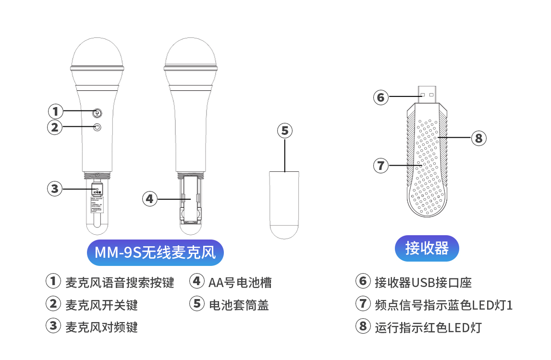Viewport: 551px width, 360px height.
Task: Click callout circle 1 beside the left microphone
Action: pyautogui.click(x=56, y=111)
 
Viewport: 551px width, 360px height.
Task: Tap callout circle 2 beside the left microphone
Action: pyautogui.click(x=56, y=127)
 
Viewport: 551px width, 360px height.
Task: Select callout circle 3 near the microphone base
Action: pyautogui.click(x=55, y=189)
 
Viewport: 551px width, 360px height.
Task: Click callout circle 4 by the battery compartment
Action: pyautogui.click(x=150, y=198)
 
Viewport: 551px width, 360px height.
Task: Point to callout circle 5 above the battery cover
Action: pyautogui.click(x=285, y=131)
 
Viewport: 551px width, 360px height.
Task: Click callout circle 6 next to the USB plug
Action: pyautogui.click(x=381, y=97)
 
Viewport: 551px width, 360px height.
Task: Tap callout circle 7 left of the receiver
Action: pyautogui.click(x=381, y=166)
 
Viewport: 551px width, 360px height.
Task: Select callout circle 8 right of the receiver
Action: pyautogui.click(x=478, y=138)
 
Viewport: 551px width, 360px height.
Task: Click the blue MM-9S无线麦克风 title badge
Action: pyautogui.click(x=155, y=252)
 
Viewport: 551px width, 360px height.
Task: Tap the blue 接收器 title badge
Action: pyautogui.click(x=427, y=248)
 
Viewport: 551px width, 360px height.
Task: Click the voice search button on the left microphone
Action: pyautogui.click(x=98, y=113)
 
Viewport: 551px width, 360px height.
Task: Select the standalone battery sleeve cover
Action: pyautogui.click(x=285, y=204)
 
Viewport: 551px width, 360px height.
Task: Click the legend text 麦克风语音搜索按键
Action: pyautogui.click(x=120, y=282)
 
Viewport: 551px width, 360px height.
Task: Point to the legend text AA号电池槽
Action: pyautogui.click(x=240, y=282)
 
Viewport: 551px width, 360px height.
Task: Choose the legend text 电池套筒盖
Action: pyautogui.click(x=238, y=305)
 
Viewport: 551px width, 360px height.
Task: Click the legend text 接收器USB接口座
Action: pyautogui.click(x=423, y=282)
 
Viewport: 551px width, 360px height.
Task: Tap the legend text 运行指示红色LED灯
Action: pyautogui.click(x=428, y=328)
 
